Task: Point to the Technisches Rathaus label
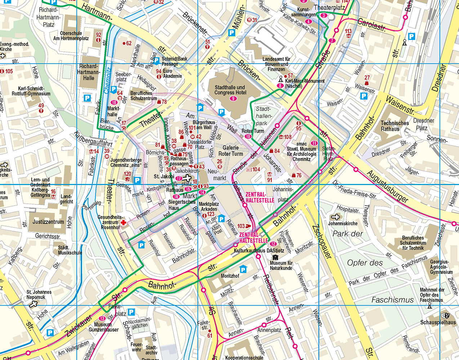(x=395, y=126)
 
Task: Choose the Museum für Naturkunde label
(x=281, y=265)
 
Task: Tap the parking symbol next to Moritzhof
(x=244, y=269)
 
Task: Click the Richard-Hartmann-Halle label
(x=88, y=72)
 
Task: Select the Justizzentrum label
(x=48, y=222)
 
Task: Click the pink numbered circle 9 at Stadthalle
(x=233, y=99)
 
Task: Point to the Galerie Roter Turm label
(x=231, y=150)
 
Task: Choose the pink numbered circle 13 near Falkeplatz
(x=102, y=318)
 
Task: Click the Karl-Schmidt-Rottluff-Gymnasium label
(x=34, y=91)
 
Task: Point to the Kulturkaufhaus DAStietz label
(x=259, y=250)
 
